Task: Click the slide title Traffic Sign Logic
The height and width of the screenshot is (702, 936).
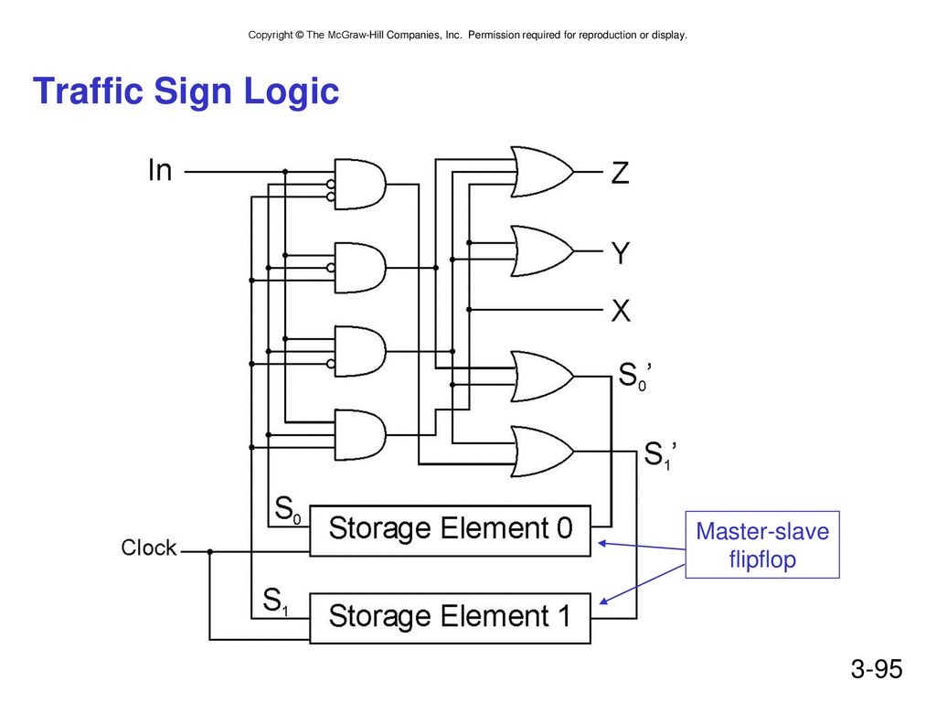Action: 186,91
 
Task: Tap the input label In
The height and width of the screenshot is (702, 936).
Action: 160,170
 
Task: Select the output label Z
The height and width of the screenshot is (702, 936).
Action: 621,173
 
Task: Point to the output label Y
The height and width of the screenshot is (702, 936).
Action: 621,253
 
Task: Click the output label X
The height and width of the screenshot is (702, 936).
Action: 621,311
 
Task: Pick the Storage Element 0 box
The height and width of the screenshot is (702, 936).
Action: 450,531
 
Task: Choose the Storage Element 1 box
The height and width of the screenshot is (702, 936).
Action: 450,618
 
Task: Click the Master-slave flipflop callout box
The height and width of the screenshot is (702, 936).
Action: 762,545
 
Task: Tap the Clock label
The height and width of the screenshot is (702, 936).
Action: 149,548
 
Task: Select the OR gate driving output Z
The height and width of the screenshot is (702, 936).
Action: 541,172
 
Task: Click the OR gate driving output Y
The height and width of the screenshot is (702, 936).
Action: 541,251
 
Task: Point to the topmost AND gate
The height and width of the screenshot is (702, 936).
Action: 359,184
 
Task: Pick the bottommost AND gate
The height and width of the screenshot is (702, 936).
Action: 359,434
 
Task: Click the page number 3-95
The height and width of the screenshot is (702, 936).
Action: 877,668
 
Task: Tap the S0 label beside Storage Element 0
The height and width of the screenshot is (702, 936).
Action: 287,510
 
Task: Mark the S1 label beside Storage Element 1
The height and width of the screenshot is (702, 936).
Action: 275,601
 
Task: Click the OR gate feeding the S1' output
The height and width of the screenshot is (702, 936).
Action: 541,452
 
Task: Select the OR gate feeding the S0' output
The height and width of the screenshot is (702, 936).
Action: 541,376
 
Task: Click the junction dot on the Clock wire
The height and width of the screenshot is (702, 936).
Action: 209,551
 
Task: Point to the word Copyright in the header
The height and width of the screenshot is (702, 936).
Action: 271,36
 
